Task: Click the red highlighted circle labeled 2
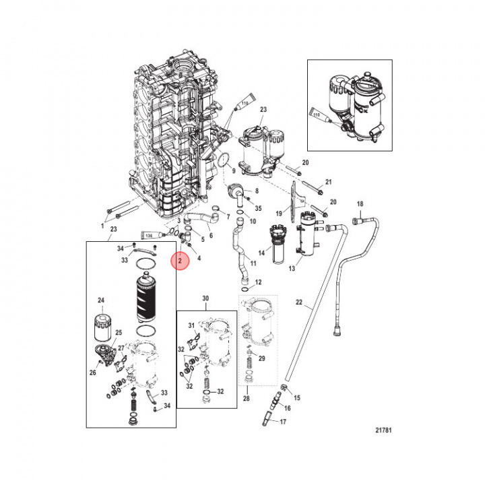pos(180,261)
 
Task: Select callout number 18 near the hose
pos(360,204)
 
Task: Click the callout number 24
pos(102,300)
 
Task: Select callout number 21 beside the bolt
pos(329,183)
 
